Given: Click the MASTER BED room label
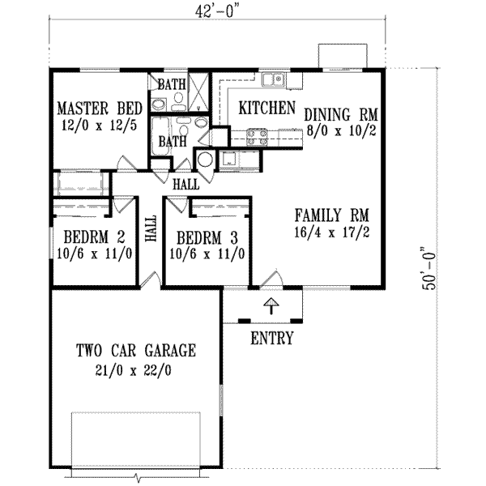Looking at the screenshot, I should pyautogui.click(x=100, y=108).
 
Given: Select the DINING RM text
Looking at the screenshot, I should pyautogui.click(x=341, y=113).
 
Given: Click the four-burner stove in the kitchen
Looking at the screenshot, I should pyautogui.click(x=257, y=137).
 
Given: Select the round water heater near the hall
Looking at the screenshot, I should pyautogui.click(x=207, y=160).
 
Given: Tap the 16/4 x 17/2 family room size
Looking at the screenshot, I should pyautogui.click(x=332, y=233).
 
